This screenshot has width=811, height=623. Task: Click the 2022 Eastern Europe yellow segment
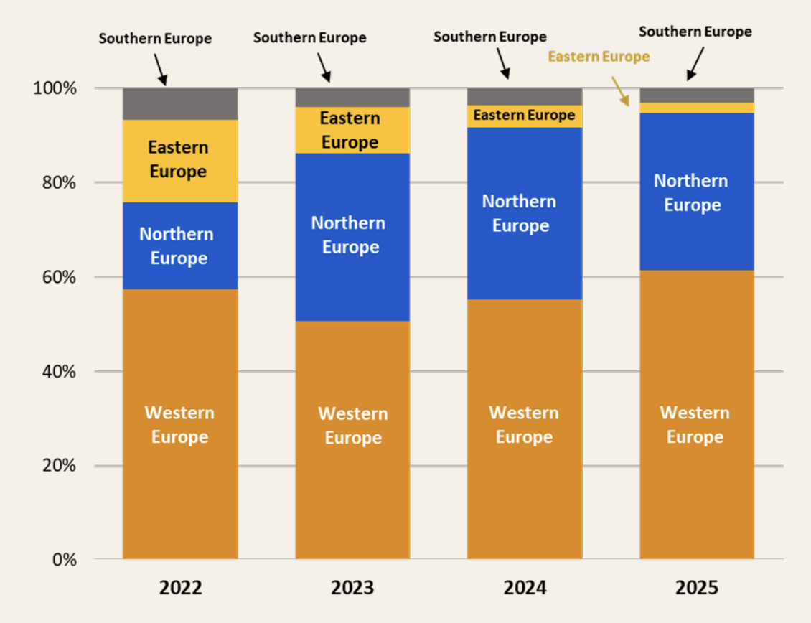coord(179,161)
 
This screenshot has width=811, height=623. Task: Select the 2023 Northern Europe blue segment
coord(352,237)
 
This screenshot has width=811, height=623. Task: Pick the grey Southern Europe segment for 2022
coord(179,104)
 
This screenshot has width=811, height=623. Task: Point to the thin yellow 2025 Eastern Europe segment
coord(696,108)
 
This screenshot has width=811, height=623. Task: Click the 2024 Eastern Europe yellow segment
coord(524,116)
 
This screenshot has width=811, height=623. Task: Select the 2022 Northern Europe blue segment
coord(179,245)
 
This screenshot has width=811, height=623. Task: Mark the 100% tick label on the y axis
coord(55,88)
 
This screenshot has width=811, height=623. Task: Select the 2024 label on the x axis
coord(525,588)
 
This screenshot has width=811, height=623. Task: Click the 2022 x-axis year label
coord(180,588)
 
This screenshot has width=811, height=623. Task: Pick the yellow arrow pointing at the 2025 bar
coord(620,92)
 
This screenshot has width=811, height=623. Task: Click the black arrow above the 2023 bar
coord(324,67)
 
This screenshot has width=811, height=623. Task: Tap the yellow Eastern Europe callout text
coord(599,57)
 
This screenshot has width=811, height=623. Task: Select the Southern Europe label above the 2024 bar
coord(490,37)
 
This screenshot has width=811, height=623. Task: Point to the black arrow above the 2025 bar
coord(694,64)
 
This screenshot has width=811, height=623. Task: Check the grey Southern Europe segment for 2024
coord(524,97)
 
